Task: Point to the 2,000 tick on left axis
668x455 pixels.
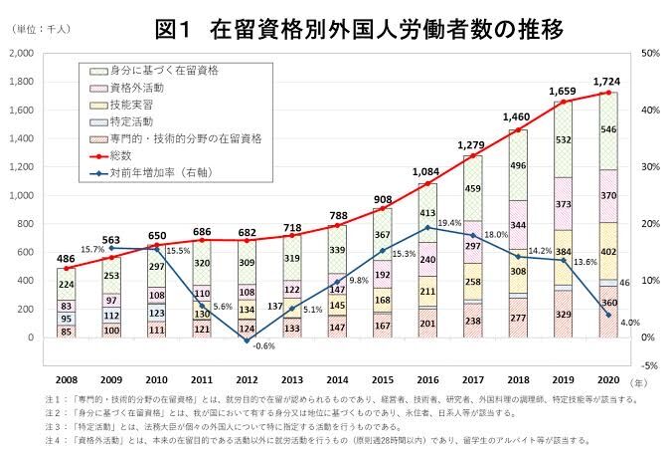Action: [x=23, y=52]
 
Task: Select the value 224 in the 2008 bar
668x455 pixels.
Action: [x=68, y=285]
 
